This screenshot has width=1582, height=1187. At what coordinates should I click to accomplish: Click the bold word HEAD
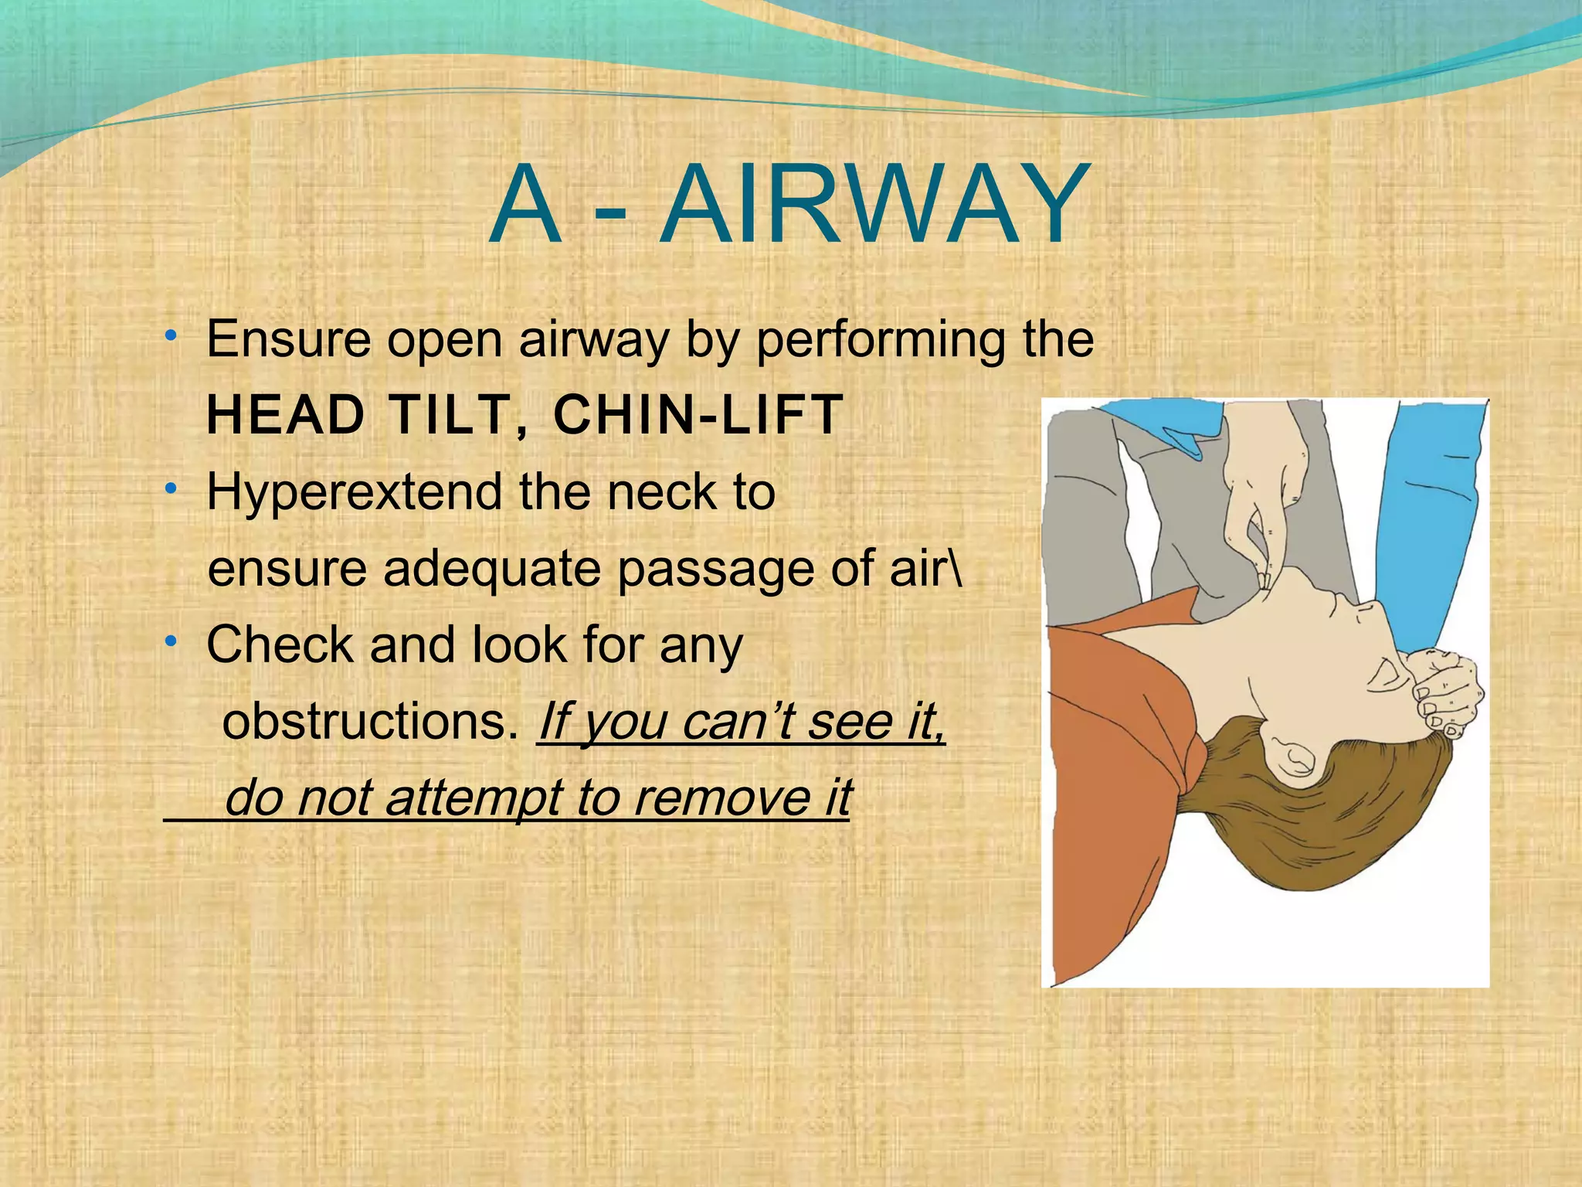point(286,415)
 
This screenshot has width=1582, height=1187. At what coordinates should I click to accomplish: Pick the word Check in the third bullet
point(280,645)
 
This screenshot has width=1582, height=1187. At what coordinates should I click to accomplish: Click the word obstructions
point(369,722)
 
